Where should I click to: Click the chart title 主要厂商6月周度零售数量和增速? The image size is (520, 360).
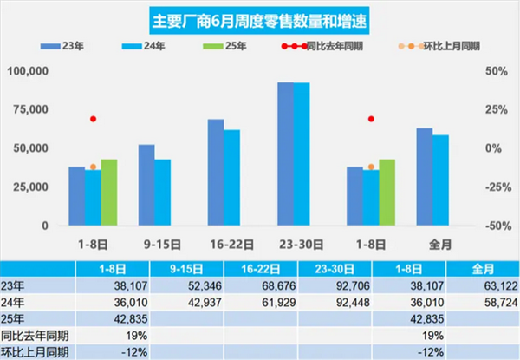point(259,19)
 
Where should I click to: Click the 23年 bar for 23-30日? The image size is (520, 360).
point(285,154)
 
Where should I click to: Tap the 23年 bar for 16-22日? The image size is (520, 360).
point(216,172)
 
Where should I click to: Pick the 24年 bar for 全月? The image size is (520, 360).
point(440,180)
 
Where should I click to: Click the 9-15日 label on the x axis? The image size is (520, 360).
point(154,243)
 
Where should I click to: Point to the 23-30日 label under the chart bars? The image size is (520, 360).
point(293,243)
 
